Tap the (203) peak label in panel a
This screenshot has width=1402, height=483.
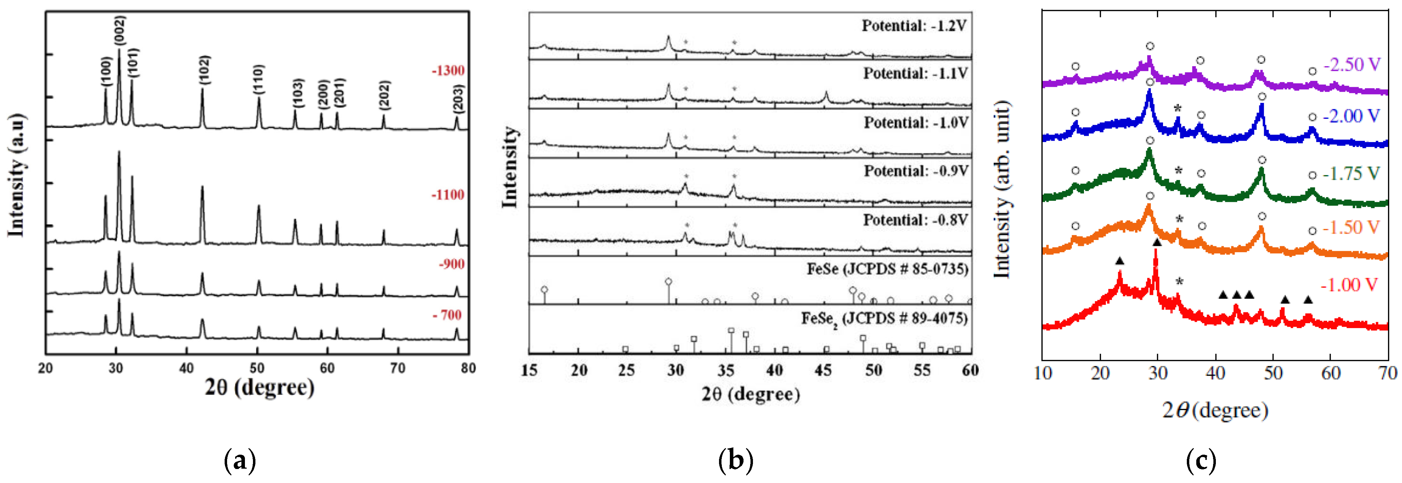(x=458, y=99)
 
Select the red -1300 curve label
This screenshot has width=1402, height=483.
(x=448, y=71)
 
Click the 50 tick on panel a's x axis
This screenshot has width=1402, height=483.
(x=257, y=368)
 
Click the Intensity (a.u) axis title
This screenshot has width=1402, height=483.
(x=17, y=175)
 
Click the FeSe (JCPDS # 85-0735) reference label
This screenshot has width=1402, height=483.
(x=887, y=269)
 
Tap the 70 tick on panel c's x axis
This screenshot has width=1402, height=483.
(x=1388, y=373)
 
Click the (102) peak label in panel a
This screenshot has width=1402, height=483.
(x=204, y=70)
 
